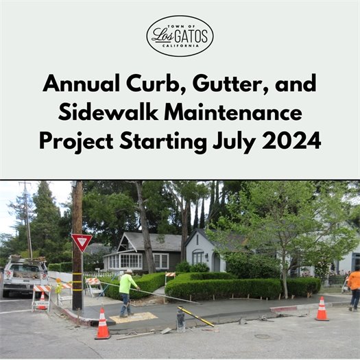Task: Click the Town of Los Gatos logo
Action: (x=180, y=35)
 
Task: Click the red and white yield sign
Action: (x=81, y=241)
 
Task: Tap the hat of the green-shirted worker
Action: (x=128, y=272)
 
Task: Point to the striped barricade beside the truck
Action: (x=41, y=296)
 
